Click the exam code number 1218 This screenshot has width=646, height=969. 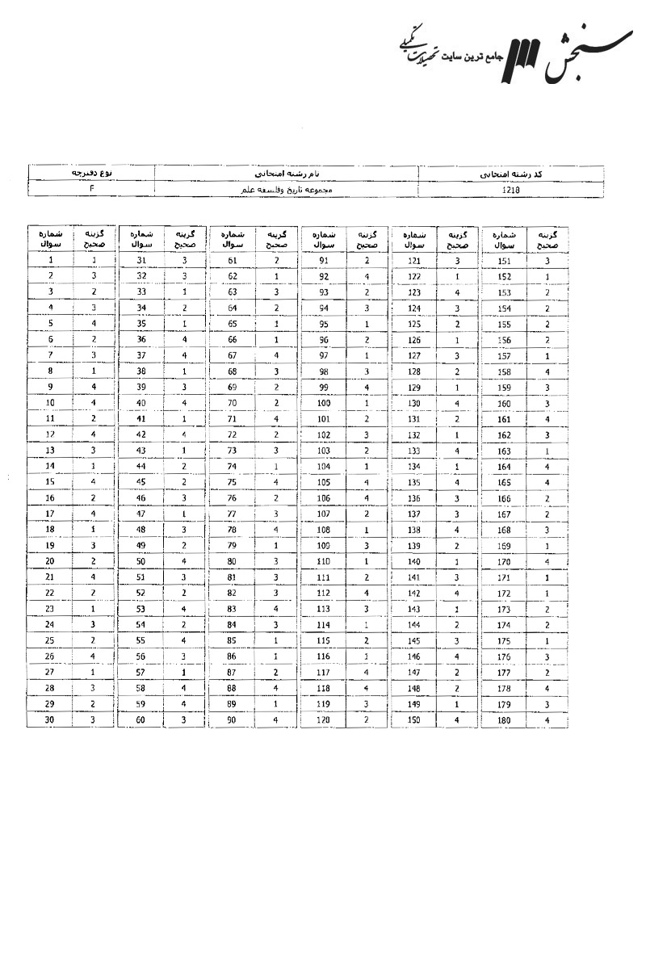[x=510, y=189]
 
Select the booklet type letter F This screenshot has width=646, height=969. [x=91, y=189]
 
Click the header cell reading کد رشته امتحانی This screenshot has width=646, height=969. [x=510, y=174]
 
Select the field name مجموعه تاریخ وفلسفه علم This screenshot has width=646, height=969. [x=287, y=189]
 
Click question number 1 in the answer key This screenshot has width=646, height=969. [x=50, y=261]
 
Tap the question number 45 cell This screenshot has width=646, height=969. [x=141, y=481]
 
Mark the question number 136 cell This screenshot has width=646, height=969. [x=414, y=497]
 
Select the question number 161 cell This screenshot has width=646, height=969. [x=505, y=418]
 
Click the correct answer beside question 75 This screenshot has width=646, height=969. [x=276, y=481]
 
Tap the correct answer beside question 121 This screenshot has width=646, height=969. [x=457, y=261]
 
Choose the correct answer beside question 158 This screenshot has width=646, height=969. [x=547, y=371]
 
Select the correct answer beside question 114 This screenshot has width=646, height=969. [x=367, y=623]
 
